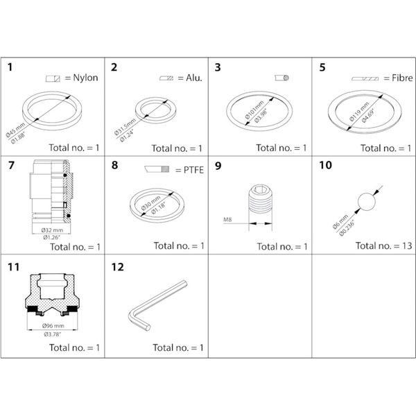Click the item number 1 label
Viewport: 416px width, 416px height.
(x=10, y=67)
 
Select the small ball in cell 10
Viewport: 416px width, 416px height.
(x=366, y=202)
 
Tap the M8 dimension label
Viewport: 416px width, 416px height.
(x=227, y=220)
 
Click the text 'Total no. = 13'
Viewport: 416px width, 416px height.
(x=383, y=245)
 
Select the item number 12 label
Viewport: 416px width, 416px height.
(x=116, y=265)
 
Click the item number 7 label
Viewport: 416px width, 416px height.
(x=10, y=165)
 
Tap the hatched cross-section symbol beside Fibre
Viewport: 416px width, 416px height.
(x=365, y=78)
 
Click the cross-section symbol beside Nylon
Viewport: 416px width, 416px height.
(x=53, y=78)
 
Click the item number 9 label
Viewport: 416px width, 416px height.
(x=218, y=165)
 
